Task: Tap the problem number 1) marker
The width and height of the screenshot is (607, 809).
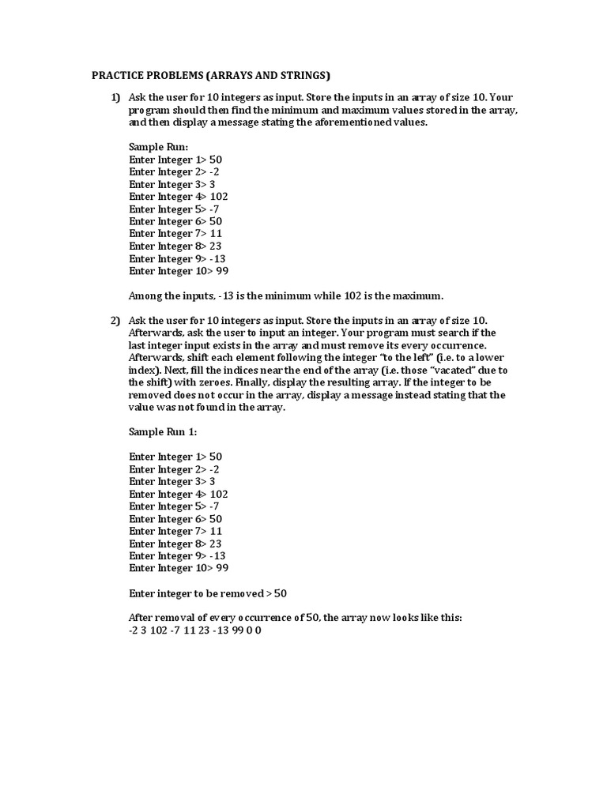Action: (x=115, y=97)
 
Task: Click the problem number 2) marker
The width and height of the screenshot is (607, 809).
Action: (x=115, y=320)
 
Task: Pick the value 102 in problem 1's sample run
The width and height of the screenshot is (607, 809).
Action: (x=220, y=197)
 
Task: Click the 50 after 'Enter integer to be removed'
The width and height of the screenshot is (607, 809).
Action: (x=291, y=593)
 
